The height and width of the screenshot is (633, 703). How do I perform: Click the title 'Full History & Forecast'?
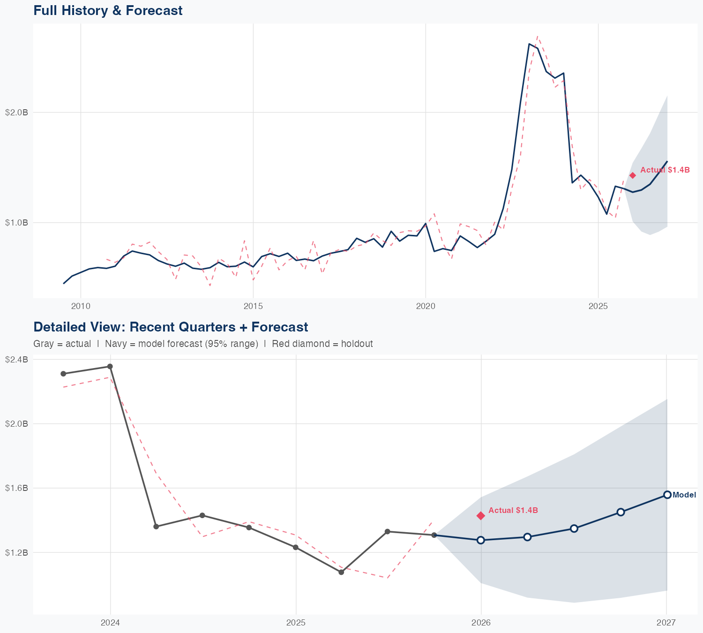tap(108, 10)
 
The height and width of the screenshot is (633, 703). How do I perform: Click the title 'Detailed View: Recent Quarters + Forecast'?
tap(171, 327)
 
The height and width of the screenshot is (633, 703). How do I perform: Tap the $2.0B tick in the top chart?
tap(16, 113)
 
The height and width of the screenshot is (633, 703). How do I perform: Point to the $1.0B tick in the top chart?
tap(16, 223)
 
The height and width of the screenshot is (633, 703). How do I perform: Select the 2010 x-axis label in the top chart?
tap(81, 307)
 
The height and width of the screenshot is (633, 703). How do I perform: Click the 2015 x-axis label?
tap(253, 307)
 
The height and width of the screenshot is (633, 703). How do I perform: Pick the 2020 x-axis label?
tap(426, 307)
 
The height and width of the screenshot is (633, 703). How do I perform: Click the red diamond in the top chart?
tap(633, 175)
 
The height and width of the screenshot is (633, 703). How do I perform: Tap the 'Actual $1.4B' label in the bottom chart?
tap(513, 510)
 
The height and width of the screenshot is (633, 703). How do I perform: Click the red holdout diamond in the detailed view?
tap(481, 516)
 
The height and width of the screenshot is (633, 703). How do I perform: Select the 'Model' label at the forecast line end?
tap(684, 495)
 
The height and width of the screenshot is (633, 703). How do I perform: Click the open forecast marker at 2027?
tap(667, 495)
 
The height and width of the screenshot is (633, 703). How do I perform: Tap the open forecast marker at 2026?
tap(481, 540)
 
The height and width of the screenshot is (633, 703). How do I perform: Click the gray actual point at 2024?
tap(110, 367)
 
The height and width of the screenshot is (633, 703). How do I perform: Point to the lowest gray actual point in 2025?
tap(341, 572)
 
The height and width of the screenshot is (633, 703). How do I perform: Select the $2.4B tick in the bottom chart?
tap(16, 360)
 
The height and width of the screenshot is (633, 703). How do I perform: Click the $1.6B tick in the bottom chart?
tap(16, 488)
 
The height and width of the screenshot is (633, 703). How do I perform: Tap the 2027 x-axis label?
tap(666, 623)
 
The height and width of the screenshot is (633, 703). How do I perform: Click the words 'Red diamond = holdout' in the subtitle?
tap(322, 344)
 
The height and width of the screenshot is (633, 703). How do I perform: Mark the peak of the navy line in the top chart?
tap(529, 44)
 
